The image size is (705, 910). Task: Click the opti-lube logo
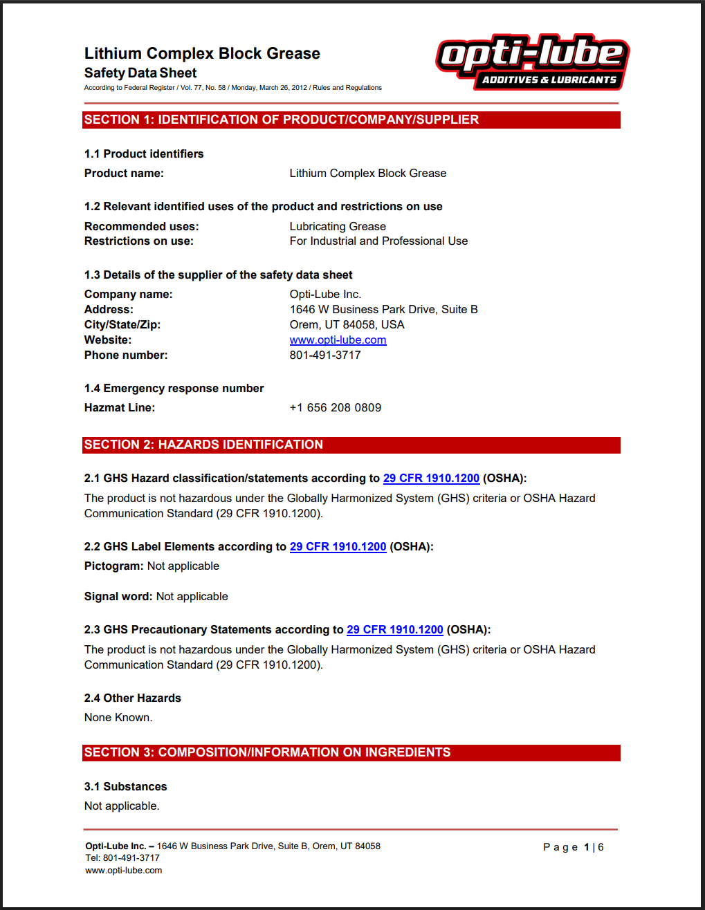pyautogui.click(x=532, y=62)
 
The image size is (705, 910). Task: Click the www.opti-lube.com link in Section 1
pyautogui.click(x=338, y=340)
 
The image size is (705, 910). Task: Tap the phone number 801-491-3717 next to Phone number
pyautogui.click(x=325, y=355)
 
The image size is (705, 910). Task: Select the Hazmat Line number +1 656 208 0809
pyautogui.click(x=336, y=408)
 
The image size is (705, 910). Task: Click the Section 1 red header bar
pyautogui.click(x=351, y=120)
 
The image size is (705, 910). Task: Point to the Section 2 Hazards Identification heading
pyautogui.click(x=203, y=445)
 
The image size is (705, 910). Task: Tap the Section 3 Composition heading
pyautogui.click(x=267, y=752)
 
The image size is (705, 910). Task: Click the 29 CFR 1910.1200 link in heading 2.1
pyautogui.click(x=431, y=479)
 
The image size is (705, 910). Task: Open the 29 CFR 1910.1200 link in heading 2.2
pyautogui.click(x=338, y=547)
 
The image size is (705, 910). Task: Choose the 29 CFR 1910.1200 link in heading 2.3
pyautogui.click(x=394, y=630)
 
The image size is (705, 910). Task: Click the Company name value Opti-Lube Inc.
pyautogui.click(x=325, y=295)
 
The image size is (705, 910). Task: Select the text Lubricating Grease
pyautogui.click(x=338, y=227)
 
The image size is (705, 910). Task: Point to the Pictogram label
pyautogui.click(x=114, y=566)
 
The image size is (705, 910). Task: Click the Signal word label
pyautogui.click(x=118, y=597)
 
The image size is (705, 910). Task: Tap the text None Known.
pyautogui.click(x=118, y=718)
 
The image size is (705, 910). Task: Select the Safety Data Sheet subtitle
pyautogui.click(x=140, y=73)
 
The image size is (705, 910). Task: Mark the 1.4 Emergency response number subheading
pyautogui.click(x=174, y=389)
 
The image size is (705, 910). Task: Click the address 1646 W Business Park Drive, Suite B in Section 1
pyautogui.click(x=383, y=310)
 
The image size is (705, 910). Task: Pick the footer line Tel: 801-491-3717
pyautogui.click(x=122, y=858)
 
